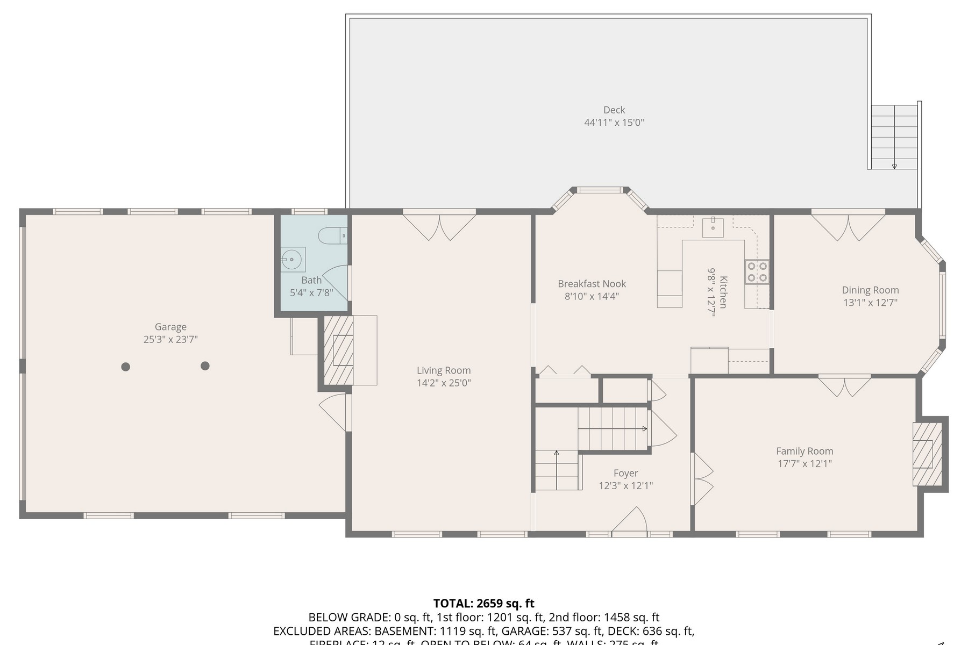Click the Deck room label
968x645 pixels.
(x=614, y=110)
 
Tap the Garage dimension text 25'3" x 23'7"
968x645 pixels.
(x=170, y=339)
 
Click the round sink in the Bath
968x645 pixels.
(x=291, y=260)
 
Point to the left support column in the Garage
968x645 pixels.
(x=125, y=367)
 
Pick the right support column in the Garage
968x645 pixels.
(x=205, y=366)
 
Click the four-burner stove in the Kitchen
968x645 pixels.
(x=757, y=271)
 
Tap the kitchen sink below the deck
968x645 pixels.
(x=713, y=227)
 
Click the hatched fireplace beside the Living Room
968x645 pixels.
(x=339, y=350)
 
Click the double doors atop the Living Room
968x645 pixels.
(x=439, y=226)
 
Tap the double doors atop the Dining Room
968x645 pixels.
(x=848, y=226)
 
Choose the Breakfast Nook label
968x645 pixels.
(x=592, y=284)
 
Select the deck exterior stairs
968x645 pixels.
(x=894, y=137)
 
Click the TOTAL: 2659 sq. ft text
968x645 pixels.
(x=483, y=603)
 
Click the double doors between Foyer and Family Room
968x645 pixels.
(x=702, y=479)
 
